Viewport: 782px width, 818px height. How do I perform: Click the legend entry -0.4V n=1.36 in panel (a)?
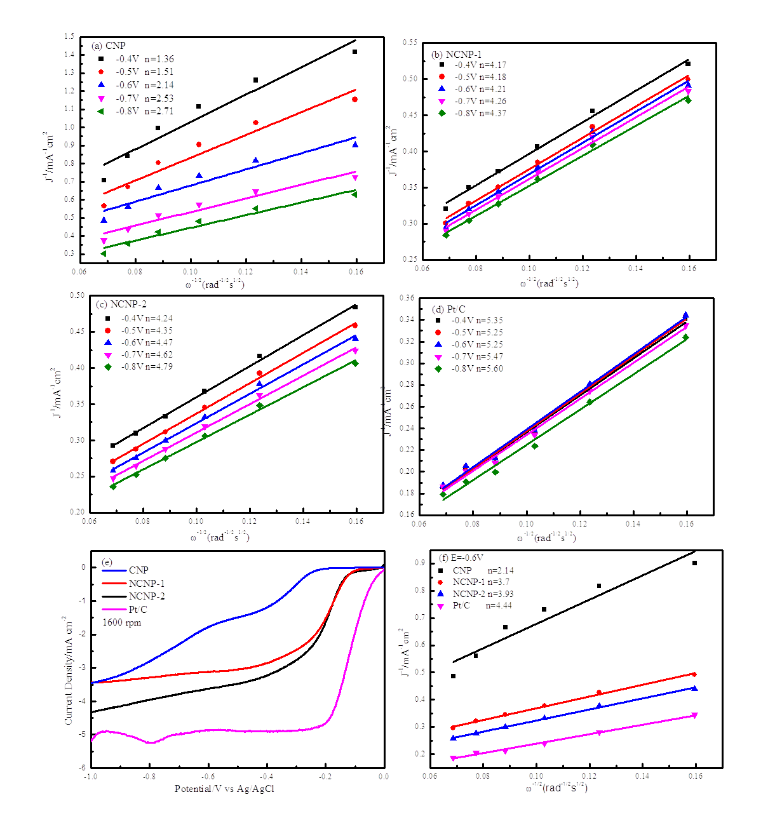(x=144, y=58)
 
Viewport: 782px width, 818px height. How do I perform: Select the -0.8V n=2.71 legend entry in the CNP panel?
(x=144, y=111)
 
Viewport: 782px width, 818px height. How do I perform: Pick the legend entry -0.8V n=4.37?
(x=480, y=113)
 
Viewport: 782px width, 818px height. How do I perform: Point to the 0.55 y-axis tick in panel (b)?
(x=410, y=43)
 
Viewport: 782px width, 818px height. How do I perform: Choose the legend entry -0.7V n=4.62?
(x=147, y=354)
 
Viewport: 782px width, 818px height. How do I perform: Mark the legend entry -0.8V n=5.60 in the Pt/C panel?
(x=477, y=368)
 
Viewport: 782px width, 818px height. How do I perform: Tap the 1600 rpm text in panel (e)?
(x=122, y=623)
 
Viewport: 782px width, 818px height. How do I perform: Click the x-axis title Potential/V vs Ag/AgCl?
(x=224, y=789)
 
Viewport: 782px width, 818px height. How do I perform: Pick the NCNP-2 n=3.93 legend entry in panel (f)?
(x=483, y=594)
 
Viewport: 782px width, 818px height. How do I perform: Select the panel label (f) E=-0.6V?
(x=461, y=558)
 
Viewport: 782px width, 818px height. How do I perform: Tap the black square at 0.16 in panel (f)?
(x=694, y=563)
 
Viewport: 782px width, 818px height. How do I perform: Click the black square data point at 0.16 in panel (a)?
(x=354, y=52)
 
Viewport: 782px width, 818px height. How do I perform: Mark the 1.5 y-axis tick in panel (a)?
(x=69, y=37)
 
